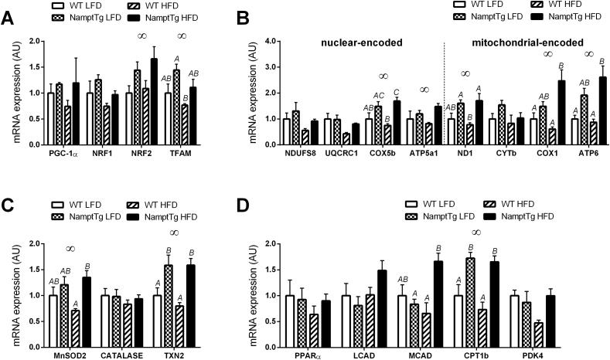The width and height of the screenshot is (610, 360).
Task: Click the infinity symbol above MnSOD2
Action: coord(70,249)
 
